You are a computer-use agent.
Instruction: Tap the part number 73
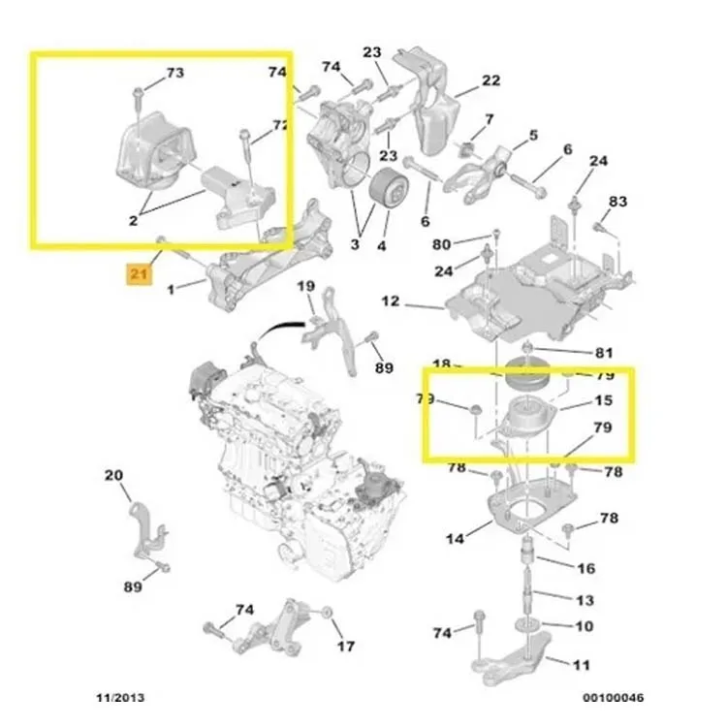[x=174, y=73]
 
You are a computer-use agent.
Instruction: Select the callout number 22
[x=490, y=80]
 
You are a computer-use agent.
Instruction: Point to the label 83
[x=618, y=202]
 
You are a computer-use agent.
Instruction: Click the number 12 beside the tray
[x=390, y=301]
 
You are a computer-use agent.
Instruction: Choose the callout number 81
[x=605, y=352]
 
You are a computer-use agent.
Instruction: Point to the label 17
[x=346, y=647]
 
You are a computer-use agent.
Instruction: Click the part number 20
[x=113, y=475]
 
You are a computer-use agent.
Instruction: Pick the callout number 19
[x=305, y=286]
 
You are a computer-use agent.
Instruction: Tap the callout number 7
[x=490, y=119]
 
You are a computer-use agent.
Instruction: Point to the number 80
[x=441, y=244]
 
